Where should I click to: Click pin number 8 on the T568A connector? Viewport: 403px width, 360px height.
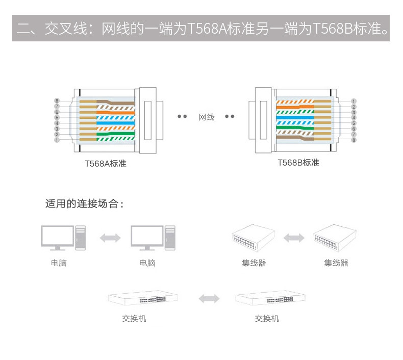57,101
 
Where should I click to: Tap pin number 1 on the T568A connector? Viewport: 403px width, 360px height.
57,140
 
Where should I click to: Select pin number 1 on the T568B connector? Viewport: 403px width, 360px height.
354,101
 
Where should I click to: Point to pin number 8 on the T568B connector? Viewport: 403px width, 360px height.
354,140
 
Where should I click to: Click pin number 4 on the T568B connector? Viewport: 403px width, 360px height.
354,118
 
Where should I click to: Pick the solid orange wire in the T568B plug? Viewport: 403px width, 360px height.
294,107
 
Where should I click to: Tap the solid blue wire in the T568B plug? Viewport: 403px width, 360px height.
294,118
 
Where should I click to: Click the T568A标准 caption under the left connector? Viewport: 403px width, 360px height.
106,164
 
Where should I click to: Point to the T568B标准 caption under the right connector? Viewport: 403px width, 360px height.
298,163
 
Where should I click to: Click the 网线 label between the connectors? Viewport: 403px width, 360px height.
207,117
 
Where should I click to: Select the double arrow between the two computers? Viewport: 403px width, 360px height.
110,238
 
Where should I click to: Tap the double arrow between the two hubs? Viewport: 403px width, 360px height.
293,238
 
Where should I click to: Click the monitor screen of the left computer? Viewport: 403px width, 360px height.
57,236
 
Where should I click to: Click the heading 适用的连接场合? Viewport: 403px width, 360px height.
84,204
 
